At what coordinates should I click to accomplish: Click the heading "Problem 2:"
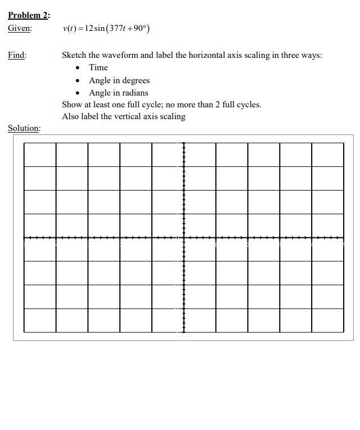[x=29, y=15]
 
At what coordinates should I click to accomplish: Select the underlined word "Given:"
[x=20, y=28]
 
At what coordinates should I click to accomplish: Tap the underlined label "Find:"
[x=17, y=55]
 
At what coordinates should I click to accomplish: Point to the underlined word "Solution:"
[x=24, y=128]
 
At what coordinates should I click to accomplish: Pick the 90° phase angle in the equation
[x=139, y=28]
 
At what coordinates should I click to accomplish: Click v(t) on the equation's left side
[x=69, y=28]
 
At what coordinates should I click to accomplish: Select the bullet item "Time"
[x=98, y=67]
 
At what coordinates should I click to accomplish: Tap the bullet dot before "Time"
[x=78, y=68]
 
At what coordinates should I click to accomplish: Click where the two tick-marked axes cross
[x=183, y=238]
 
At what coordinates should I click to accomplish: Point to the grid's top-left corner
[x=24, y=143]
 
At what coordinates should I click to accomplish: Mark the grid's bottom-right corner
[x=343, y=332]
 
